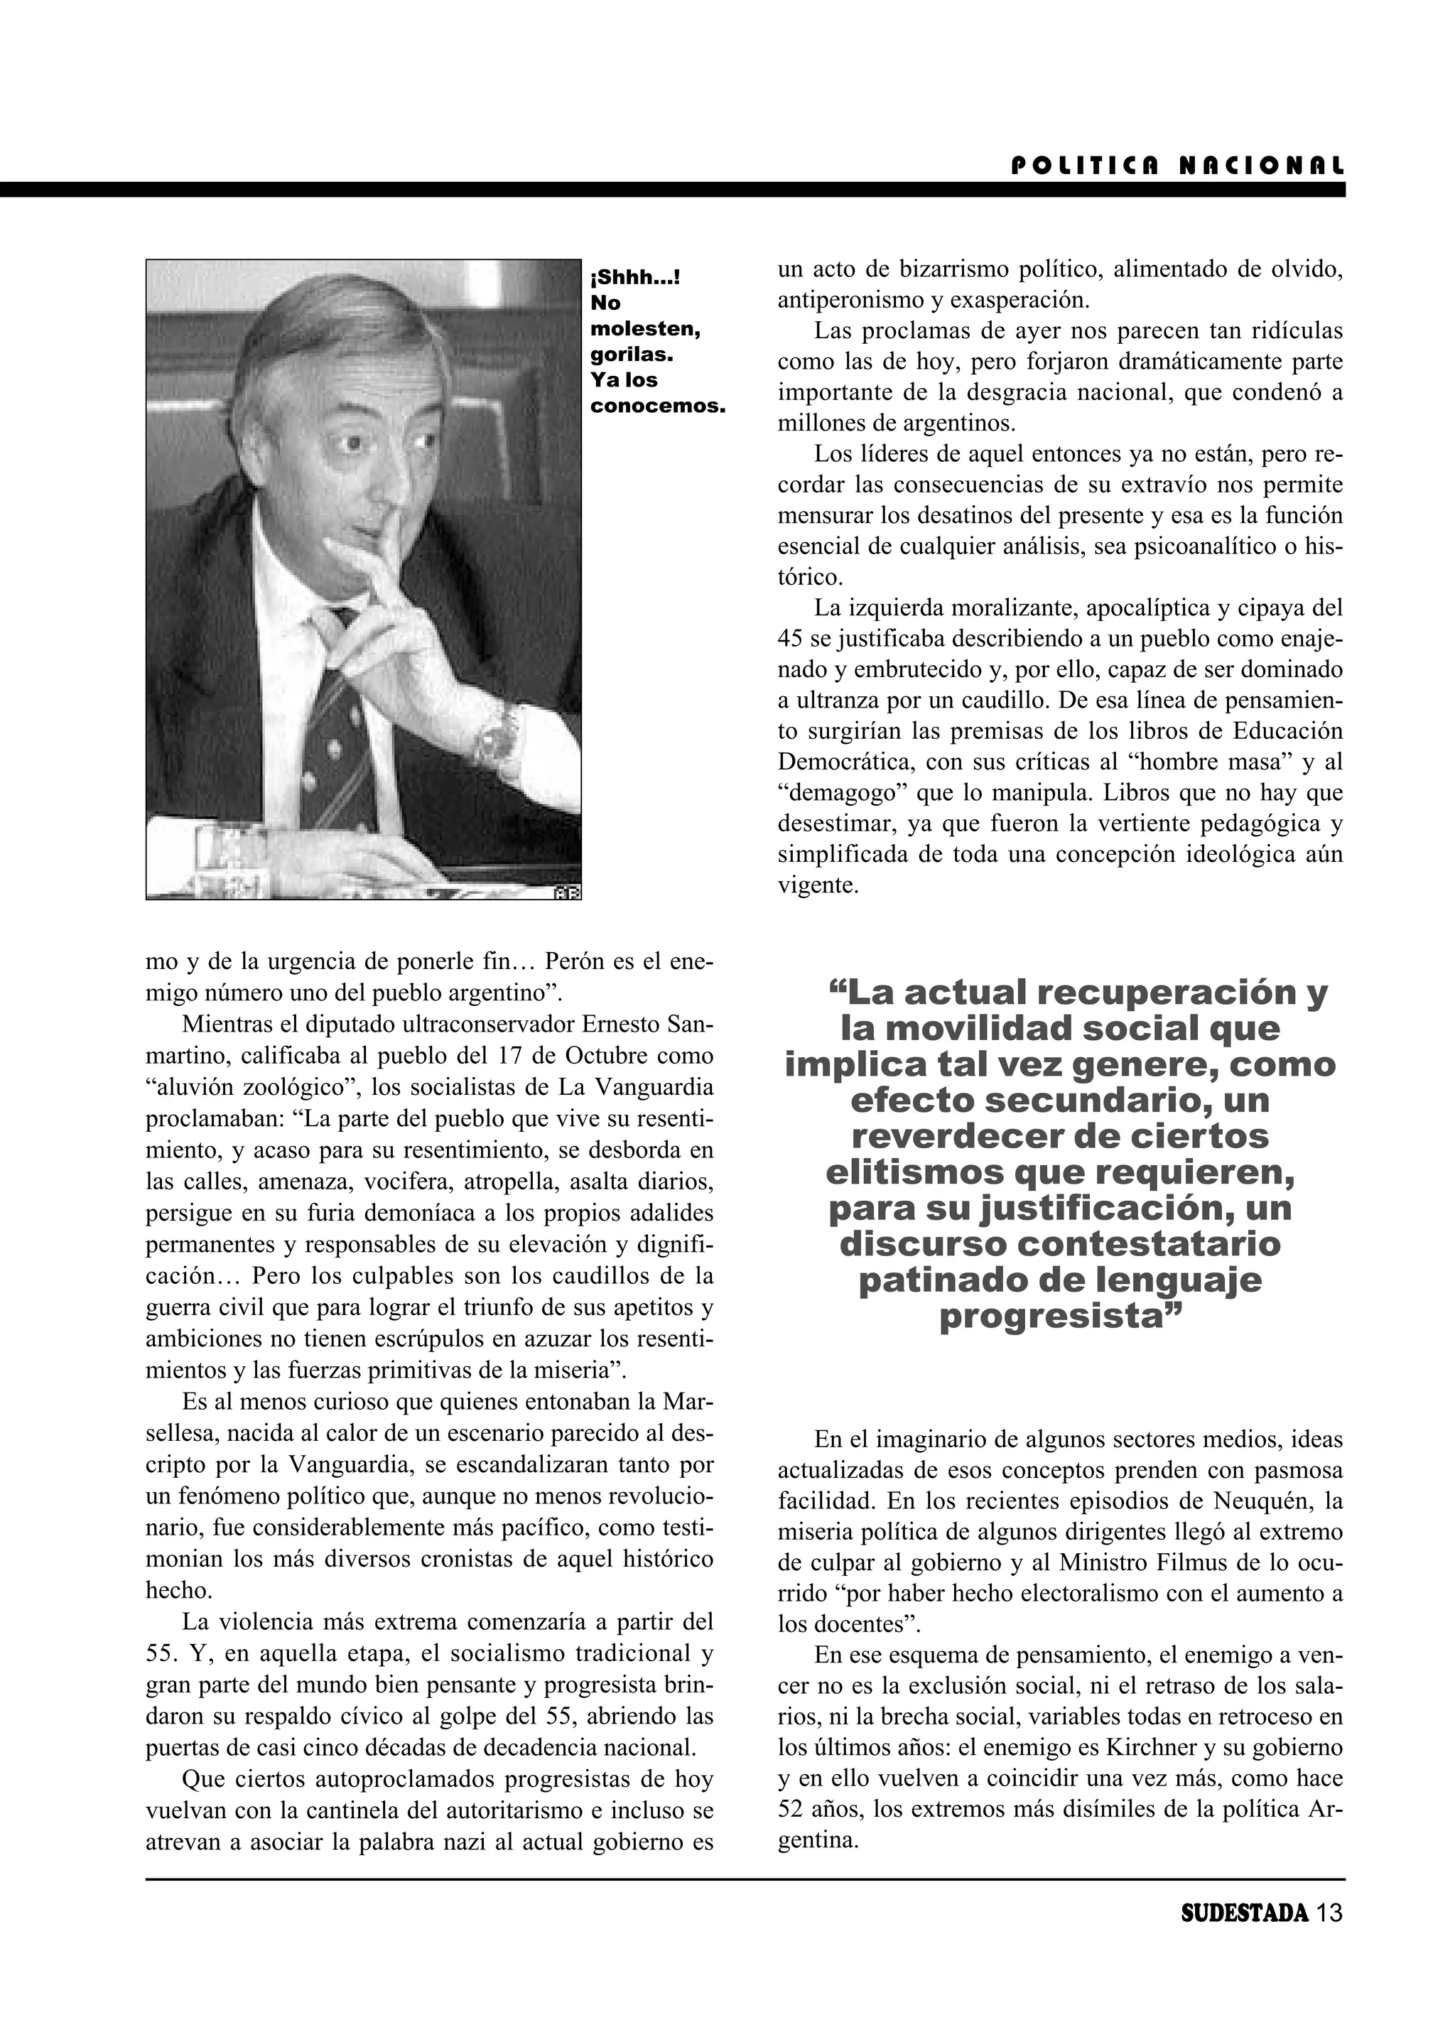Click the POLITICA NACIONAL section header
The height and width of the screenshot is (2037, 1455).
coord(1177,166)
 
